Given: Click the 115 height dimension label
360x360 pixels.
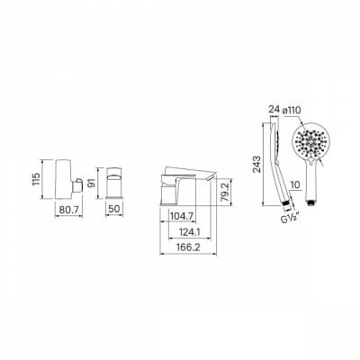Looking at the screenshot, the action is [36, 179].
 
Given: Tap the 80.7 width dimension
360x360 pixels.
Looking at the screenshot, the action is [69, 209].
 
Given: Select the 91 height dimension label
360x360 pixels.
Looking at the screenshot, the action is [92, 183].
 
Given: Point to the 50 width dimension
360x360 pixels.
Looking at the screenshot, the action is [114, 209].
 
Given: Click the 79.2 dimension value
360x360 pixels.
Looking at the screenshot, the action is [227, 192].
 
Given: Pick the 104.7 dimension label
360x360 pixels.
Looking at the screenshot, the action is [182, 216].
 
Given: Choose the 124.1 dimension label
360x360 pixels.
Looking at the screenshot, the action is [190, 232].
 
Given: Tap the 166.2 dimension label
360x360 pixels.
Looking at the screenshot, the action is [188, 247].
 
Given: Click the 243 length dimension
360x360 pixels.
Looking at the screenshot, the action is [256, 165].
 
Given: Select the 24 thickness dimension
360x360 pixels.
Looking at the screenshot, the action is [274, 109].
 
